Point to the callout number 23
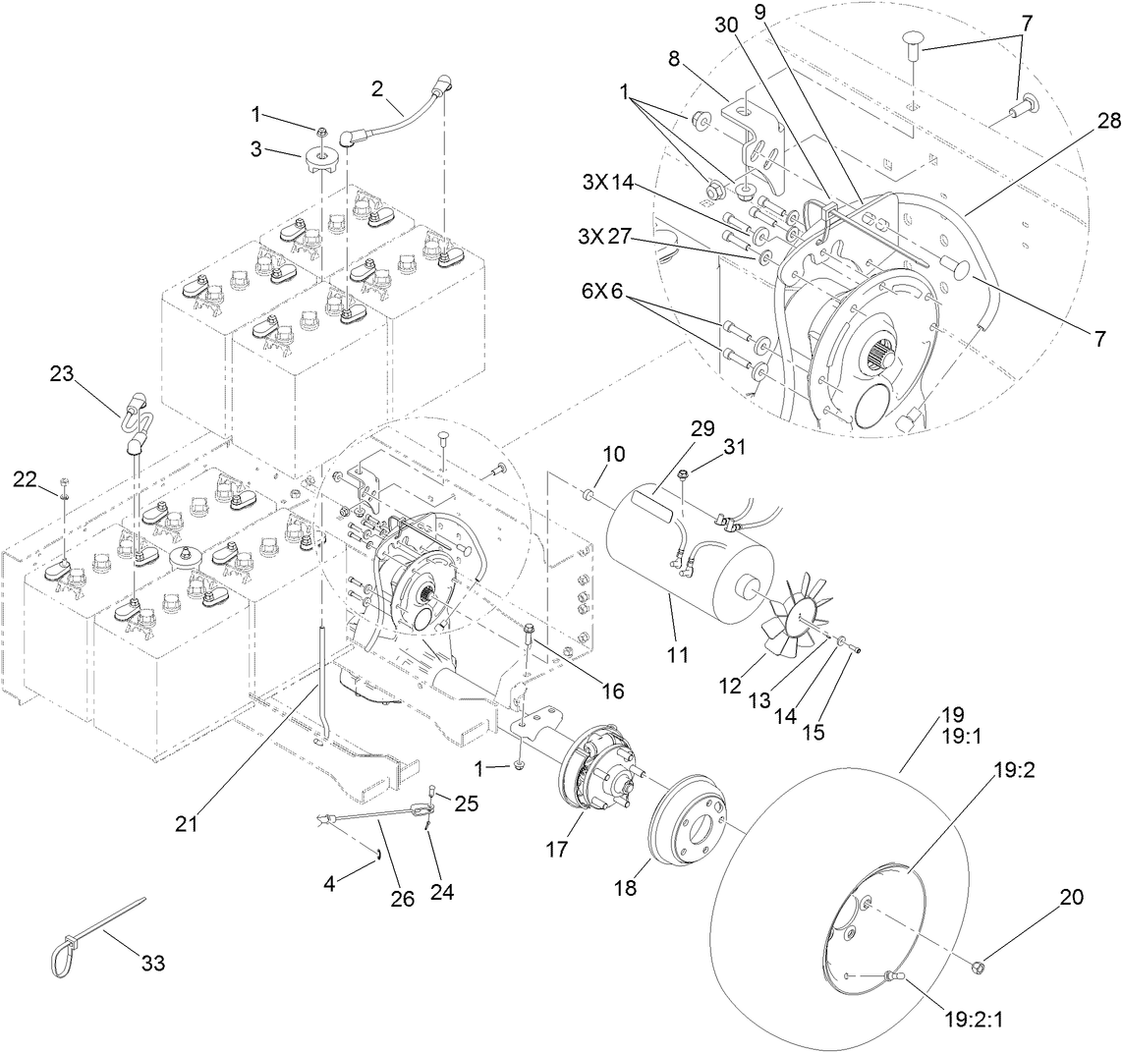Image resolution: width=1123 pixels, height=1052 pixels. pyautogui.click(x=62, y=373)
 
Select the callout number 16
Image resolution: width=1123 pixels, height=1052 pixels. pyautogui.click(x=614, y=691)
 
